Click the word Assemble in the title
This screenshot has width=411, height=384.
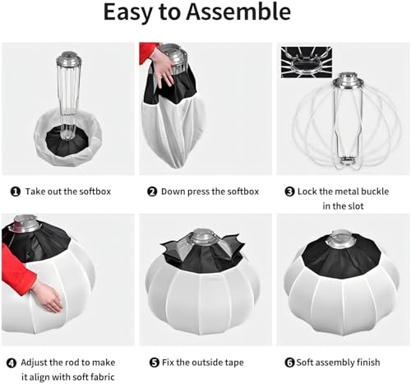[238, 12]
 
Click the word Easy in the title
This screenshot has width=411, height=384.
[127, 13]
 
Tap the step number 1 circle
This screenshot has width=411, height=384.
[16, 192]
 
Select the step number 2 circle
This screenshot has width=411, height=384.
[152, 192]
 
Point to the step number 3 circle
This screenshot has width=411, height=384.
[289, 192]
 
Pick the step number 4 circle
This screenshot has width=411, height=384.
[12, 363]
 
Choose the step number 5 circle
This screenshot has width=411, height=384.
[155, 363]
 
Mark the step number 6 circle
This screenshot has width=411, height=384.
[289, 363]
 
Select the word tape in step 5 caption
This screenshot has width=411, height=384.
[234, 363]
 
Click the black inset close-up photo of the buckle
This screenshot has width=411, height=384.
[307, 62]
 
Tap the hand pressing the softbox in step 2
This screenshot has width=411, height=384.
[162, 65]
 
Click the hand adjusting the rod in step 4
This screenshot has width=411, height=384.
[48, 297]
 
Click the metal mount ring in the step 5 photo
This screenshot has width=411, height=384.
[204, 238]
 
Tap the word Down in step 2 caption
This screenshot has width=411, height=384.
[170, 192]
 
